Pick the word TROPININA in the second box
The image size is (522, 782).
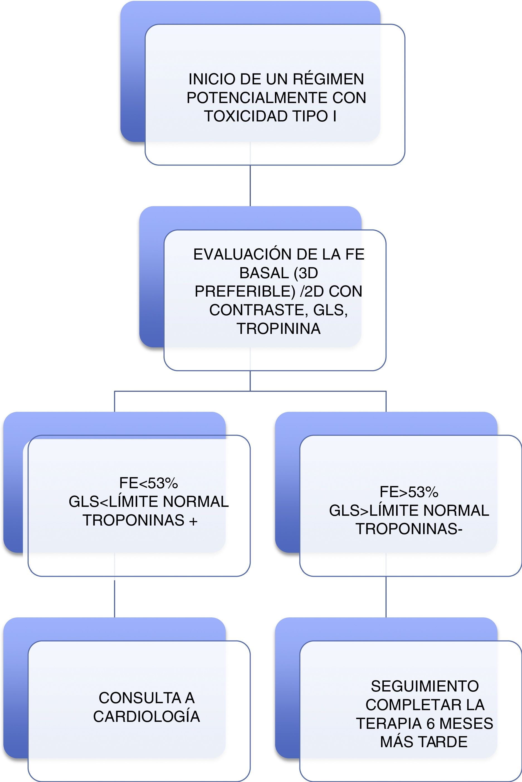[x=279, y=329]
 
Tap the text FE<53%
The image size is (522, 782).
[x=148, y=483]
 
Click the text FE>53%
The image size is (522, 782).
[x=409, y=492]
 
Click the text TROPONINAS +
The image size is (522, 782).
[x=140, y=520]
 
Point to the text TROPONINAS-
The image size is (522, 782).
[x=409, y=529]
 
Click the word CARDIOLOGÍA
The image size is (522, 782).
[x=147, y=717]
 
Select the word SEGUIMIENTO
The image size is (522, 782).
[x=425, y=686]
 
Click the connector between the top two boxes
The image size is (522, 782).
[x=250, y=186]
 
